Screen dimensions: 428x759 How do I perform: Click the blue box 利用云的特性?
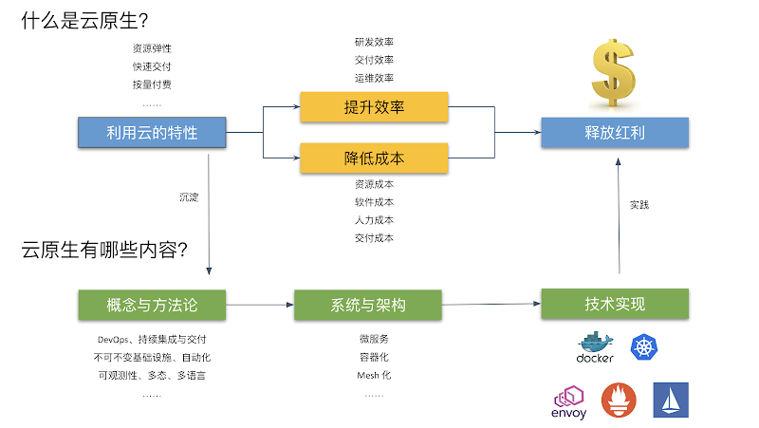[152, 132]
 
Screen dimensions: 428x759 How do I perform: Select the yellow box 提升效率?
[374, 107]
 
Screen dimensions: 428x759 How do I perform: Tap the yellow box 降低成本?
[374, 158]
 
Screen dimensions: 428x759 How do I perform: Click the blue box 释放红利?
[615, 132]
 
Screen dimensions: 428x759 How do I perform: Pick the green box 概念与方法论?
[152, 305]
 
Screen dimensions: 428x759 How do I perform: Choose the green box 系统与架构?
[368, 305]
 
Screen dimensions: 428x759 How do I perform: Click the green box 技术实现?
[615, 304]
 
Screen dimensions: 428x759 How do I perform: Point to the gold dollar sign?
[615, 74]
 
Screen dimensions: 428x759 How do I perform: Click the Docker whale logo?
[595, 348]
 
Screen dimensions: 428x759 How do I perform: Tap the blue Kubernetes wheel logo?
[644, 347]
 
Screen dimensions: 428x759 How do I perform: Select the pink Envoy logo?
[569, 400]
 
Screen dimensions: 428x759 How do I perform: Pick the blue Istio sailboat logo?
[671, 400]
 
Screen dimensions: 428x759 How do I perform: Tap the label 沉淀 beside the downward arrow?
[189, 197]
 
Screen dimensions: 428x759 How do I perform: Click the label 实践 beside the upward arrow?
[639, 204]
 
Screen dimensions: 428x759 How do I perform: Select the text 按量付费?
[152, 84]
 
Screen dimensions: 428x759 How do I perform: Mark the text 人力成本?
[374, 220]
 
